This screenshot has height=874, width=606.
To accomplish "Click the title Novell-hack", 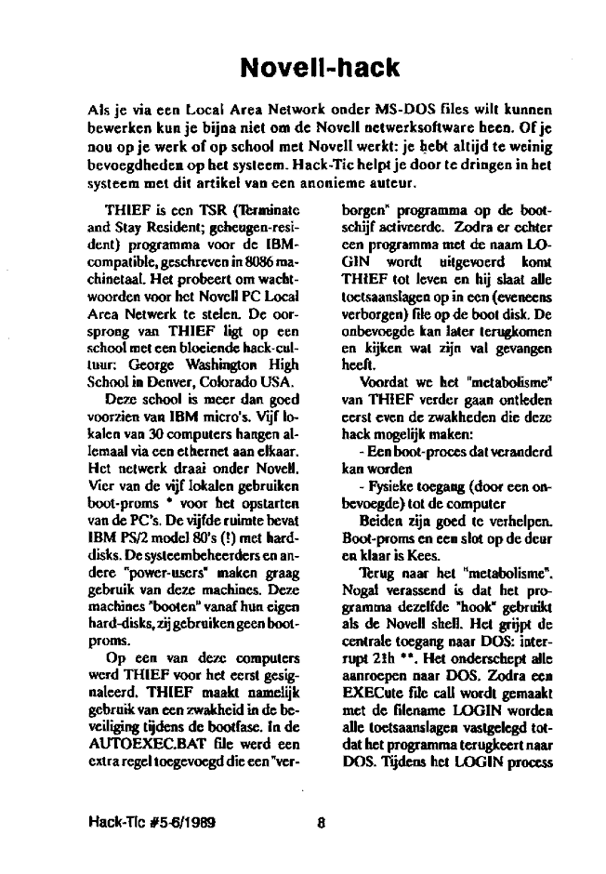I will click(319, 67).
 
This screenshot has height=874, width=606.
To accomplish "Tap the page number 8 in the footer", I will click(320, 821).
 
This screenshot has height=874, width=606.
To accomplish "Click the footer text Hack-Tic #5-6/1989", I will click(142, 821).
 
